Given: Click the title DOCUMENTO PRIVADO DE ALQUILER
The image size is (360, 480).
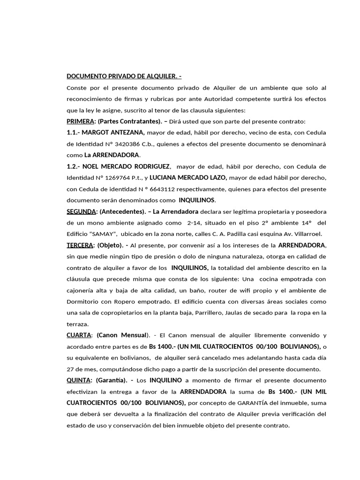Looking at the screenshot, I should tap(124, 77).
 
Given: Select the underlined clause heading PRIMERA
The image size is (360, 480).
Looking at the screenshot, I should tap(81, 121).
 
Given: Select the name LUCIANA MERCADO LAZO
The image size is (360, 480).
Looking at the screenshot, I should tap(188, 178).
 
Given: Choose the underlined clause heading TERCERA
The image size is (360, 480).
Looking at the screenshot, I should tap(80, 245).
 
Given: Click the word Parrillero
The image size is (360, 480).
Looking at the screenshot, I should tap(223, 313).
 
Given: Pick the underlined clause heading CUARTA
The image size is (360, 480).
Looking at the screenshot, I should tap(79, 335).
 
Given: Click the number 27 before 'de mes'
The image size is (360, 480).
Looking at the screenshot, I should tap(71, 369).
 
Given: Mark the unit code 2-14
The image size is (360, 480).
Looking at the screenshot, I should tap(195, 223).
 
